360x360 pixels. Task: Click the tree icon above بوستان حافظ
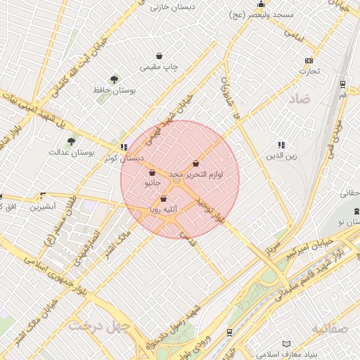coord(115,79)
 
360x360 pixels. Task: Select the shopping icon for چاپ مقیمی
coord(160,56)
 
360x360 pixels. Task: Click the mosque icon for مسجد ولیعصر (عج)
coord(261,4)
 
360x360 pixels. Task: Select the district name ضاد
coord(298,99)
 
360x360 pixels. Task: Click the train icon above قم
coord(342,83)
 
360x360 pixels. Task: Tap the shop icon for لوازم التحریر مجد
coord(195,163)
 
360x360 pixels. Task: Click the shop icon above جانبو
coord(153,172)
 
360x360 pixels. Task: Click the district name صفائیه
coord(328,328)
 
